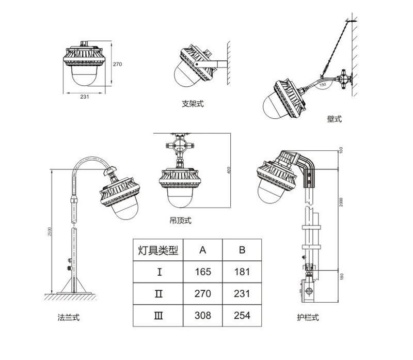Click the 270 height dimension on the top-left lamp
coord(117,65)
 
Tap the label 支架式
coord(193,104)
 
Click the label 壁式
coord(334,119)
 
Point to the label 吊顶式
coord(180,221)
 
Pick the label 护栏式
coord(308,317)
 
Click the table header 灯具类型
coord(158,251)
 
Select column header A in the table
coord(203,251)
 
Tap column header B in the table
coord(242,251)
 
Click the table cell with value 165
coord(203,272)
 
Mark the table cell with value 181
coord(242,272)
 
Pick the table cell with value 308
coord(203,315)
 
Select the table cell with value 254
coord(242,315)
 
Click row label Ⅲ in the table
coord(160,315)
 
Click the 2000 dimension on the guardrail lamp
coord(341,202)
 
